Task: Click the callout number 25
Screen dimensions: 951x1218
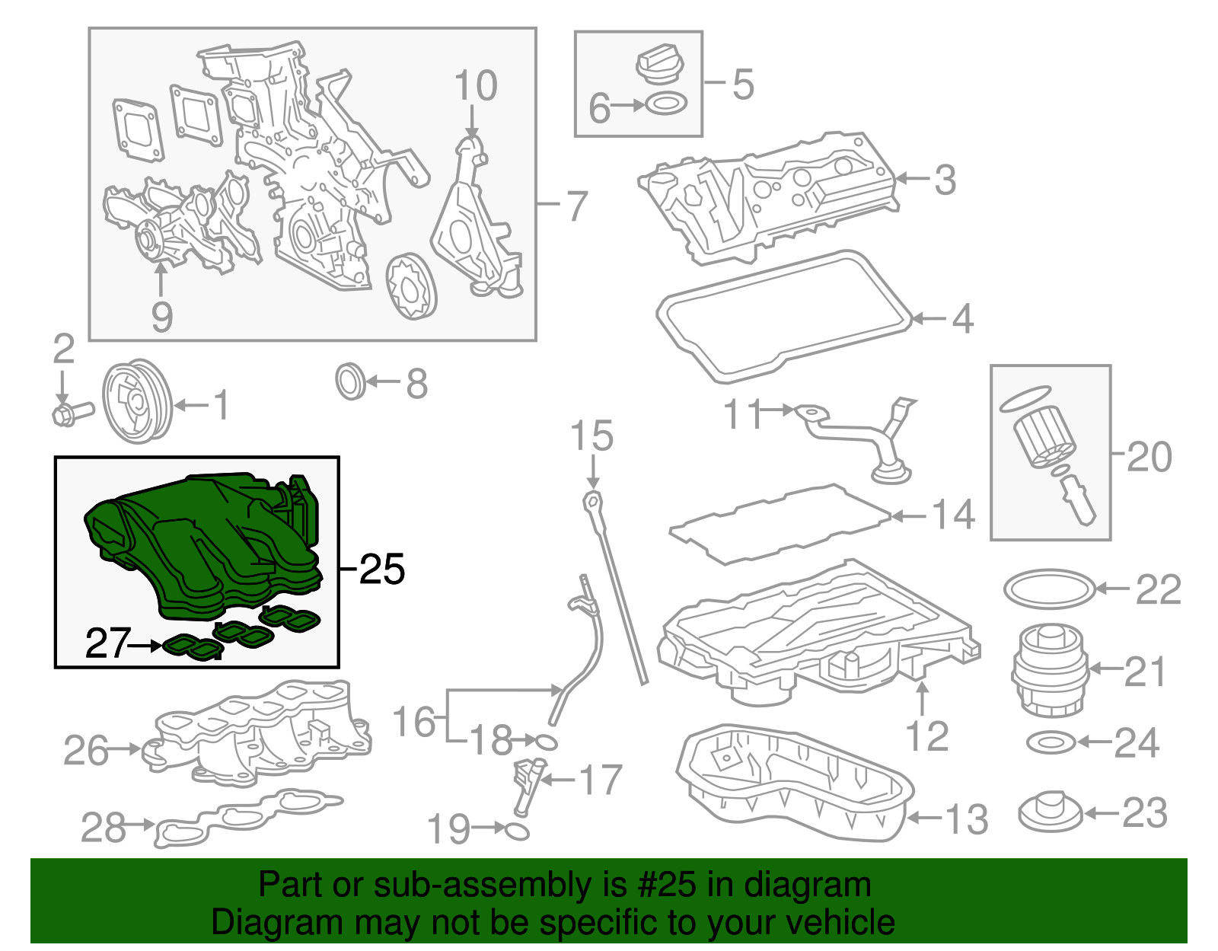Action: coord(382,569)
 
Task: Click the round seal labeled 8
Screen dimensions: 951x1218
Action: coord(350,382)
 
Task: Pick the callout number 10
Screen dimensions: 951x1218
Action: coord(476,86)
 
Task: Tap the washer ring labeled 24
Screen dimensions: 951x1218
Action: coord(1051,742)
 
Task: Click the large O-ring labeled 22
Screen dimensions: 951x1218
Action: coord(1049,589)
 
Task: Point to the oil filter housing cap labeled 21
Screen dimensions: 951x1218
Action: coord(1051,670)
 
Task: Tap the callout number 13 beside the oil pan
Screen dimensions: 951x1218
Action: coord(967,819)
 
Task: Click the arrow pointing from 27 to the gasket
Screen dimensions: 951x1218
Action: coord(145,646)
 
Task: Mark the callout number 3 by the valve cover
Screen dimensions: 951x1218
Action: coord(945,180)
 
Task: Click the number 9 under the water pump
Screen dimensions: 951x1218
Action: coord(161,316)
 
